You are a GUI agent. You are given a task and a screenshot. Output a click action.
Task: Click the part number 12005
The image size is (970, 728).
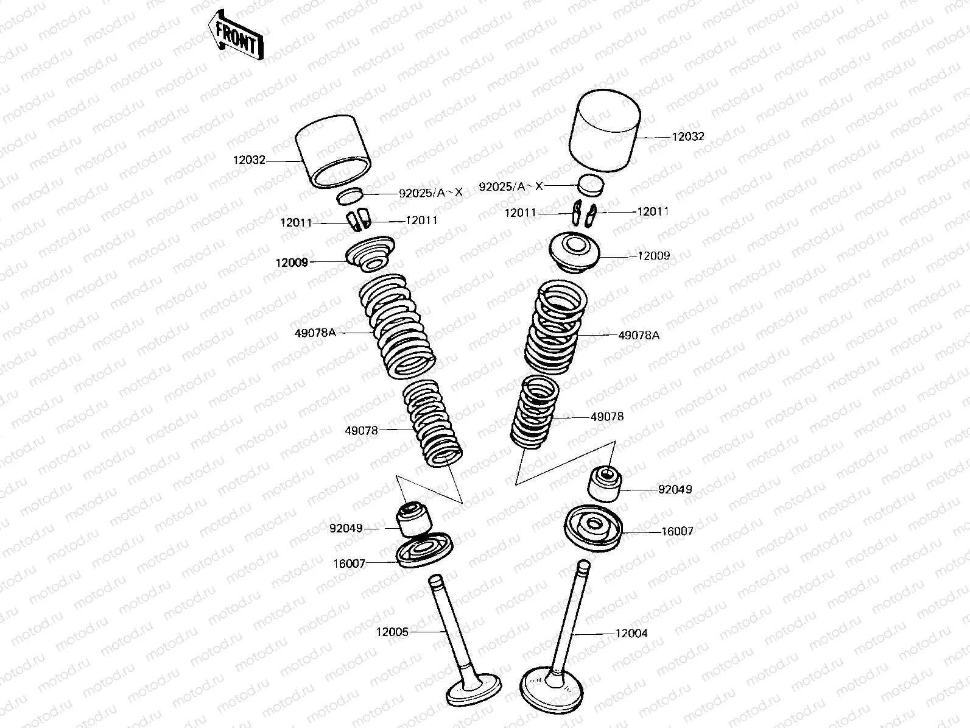coord(392,632)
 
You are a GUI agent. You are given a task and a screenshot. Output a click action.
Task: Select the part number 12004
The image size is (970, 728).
coord(631,634)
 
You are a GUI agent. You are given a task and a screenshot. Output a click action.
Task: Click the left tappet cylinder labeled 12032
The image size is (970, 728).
coord(333,151)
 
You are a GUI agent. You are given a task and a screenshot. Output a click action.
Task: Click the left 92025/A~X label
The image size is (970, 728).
coord(431,193)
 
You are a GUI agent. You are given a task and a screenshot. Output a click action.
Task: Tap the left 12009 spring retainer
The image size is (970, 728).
coord(370,254)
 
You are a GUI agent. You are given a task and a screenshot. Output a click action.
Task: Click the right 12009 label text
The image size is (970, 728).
coord(653,256)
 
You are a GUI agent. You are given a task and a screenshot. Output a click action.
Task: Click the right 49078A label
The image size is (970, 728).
coord(638,335)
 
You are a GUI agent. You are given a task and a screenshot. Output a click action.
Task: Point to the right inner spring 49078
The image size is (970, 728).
coord(534,411)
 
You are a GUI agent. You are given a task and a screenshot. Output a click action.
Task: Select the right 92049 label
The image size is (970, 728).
coord(675,489)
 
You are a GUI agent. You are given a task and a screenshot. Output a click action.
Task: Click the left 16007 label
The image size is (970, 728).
coord(349,564)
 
